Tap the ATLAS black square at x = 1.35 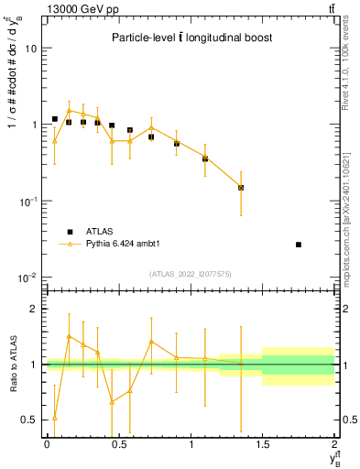point(241,188)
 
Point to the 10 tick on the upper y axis point(33,48)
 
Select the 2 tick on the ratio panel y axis point(35,310)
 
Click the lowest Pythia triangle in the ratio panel point(55,418)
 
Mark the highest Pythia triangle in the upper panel point(69,110)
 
